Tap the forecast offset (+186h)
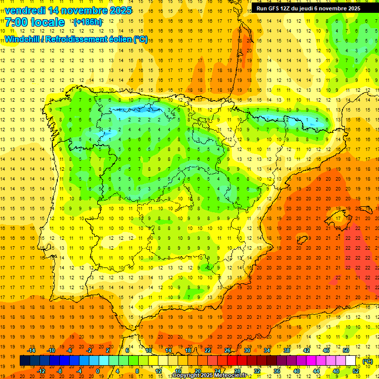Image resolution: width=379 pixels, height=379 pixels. pyautogui.click(x=87, y=22)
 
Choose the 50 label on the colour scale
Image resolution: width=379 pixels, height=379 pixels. pyautogui.click(x=346, y=350)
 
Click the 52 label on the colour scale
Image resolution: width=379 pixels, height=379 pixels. pyautogui.click(x=356, y=372)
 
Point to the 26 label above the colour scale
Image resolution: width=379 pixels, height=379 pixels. pyautogui.click(x=227, y=350)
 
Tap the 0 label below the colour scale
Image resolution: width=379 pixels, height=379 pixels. pyautogui.click(x=98, y=372)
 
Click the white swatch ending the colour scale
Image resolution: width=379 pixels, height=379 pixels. pyautogui.click(x=351, y=361)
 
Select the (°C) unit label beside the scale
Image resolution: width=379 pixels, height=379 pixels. pyautogui.click(x=367, y=361)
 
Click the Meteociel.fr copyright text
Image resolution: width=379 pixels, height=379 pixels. pyautogui.click(x=209, y=376)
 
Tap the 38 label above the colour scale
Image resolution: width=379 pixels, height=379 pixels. pyautogui.click(x=287, y=350)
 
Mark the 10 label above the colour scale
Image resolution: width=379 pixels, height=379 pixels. pyautogui.click(x=149, y=350)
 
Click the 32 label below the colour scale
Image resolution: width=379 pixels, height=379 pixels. pyautogui.click(x=257, y=372)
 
